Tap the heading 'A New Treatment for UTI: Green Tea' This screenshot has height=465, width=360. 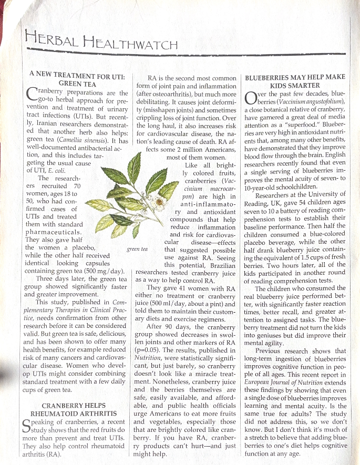click(x=77, y=80)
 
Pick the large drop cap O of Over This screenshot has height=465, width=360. click(x=251, y=98)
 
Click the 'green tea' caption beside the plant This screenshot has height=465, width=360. click(x=138, y=249)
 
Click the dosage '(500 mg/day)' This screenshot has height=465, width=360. click(x=108, y=271)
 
